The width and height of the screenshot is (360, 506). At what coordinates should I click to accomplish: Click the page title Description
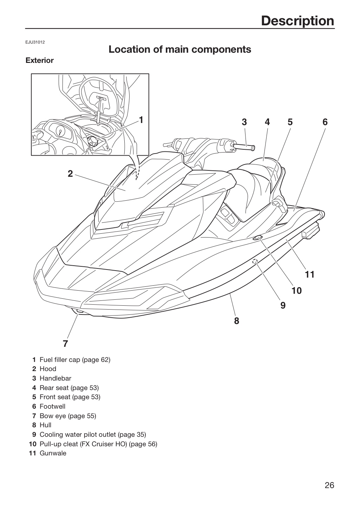point(297,21)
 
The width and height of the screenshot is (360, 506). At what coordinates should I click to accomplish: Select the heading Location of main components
point(180,49)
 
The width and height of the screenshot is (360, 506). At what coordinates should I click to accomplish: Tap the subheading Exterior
point(40,60)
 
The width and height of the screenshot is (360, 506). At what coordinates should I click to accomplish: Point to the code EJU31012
point(35,42)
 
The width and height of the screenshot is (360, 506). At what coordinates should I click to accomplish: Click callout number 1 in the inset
point(141,120)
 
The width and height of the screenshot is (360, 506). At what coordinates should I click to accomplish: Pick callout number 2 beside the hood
point(70,174)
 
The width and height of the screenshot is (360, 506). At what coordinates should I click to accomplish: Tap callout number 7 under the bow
point(65,344)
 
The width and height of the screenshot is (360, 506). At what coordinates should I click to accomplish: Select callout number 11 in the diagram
point(310,275)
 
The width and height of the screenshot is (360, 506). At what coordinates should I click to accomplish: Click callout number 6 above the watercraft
point(325,122)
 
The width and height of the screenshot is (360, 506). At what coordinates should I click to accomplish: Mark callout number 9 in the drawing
point(283,305)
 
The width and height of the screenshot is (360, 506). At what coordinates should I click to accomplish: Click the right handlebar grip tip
point(253,148)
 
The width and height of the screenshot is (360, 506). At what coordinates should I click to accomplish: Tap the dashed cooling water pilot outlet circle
point(255,261)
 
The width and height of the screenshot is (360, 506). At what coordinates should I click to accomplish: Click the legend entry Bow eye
point(53,416)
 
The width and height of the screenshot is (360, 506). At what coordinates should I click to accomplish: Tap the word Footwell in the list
point(53,406)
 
